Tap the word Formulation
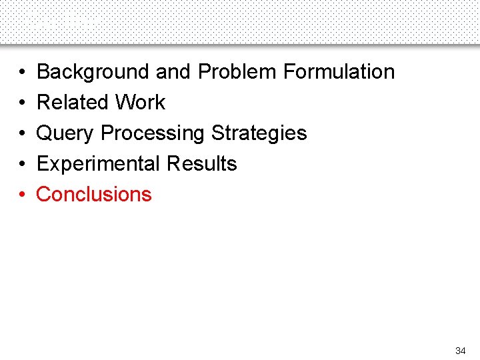point(339,71)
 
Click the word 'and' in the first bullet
point(175,71)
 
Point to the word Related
point(72,102)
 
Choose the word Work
point(140,102)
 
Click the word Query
point(65,133)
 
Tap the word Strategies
point(259,133)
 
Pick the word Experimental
point(98,163)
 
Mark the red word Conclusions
point(94,194)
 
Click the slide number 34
point(460,351)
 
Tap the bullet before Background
point(22,72)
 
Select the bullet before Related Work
point(22,103)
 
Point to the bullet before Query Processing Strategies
point(22,133)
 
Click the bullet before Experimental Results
point(22,164)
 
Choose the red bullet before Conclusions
point(22,195)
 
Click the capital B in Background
point(43,71)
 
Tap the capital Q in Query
point(44,133)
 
